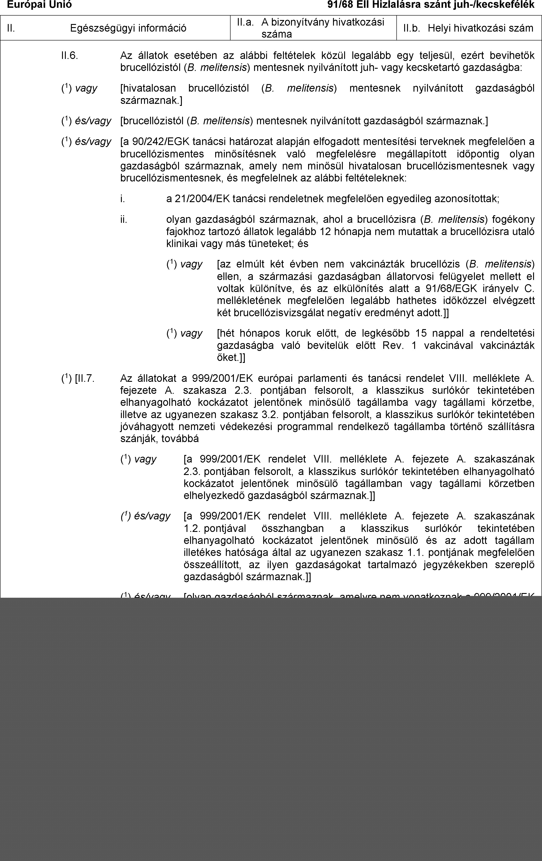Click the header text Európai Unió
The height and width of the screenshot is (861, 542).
39,5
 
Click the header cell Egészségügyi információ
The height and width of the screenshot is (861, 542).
128,28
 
